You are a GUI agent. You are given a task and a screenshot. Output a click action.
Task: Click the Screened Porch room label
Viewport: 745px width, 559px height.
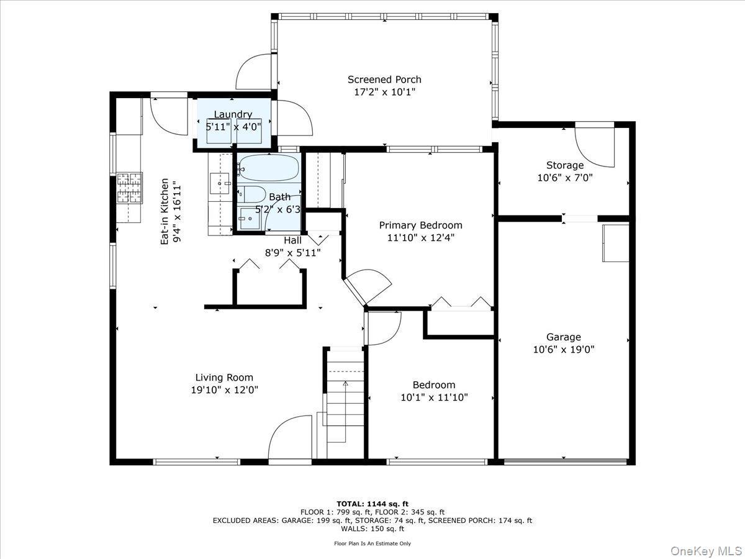(x=384, y=80)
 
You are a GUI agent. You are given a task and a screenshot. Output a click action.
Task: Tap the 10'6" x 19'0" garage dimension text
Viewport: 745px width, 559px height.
(x=564, y=349)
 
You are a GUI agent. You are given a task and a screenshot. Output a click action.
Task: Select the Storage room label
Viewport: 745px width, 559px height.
(x=564, y=165)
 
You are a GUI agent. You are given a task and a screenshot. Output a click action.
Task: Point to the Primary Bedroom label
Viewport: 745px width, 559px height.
(x=420, y=225)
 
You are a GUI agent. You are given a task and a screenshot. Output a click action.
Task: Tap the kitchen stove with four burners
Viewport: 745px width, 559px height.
(x=129, y=188)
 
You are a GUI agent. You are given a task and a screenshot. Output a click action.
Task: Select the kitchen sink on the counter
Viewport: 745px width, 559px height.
(x=220, y=183)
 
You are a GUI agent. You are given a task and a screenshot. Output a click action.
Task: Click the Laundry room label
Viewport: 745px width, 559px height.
(x=233, y=114)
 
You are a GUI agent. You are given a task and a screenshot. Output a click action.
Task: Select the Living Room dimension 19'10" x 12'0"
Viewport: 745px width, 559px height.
(x=224, y=390)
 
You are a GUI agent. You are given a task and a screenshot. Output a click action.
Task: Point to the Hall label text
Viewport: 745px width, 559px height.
(x=292, y=240)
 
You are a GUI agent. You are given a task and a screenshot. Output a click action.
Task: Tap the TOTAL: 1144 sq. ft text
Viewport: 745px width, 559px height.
(x=372, y=504)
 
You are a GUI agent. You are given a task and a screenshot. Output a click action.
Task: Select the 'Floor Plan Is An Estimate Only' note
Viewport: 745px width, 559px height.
(x=372, y=543)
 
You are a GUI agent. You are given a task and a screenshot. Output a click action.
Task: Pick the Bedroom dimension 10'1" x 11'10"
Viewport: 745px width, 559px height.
(x=434, y=397)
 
